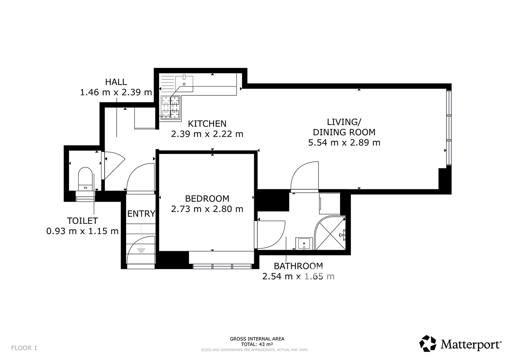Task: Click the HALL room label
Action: [116, 82]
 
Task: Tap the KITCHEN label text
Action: [207, 124]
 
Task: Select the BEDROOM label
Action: [207, 199]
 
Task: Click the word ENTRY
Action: [141, 214]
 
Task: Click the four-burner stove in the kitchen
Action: [170, 107]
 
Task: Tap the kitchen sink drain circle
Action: [184, 84]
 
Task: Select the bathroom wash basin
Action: [304, 244]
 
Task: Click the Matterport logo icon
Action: [428, 343]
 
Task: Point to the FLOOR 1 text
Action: [24, 348]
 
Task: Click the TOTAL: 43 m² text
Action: [257, 344]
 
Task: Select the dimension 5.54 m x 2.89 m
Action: [344, 143]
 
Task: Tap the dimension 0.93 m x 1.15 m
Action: [82, 231]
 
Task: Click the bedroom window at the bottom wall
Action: [222, 266]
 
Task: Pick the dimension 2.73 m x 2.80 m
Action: [207, 209]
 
